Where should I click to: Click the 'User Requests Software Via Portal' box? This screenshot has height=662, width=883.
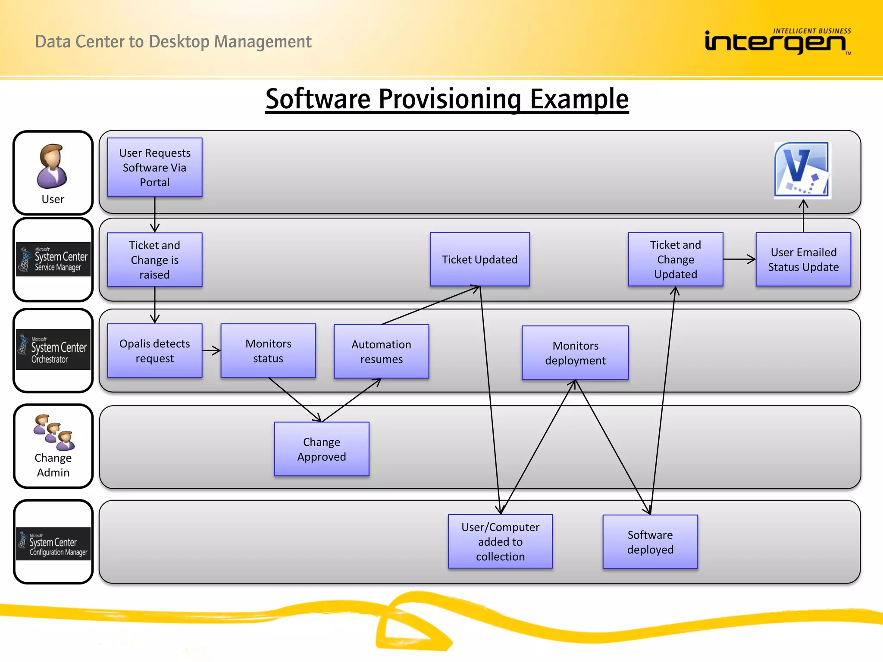(x=154, y=167)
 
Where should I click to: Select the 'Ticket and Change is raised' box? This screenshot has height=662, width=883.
(x=154, y=259)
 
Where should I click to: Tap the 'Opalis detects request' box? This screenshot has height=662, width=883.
(x=154, y=350)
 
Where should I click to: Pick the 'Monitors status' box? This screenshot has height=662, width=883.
(x=268, y=350)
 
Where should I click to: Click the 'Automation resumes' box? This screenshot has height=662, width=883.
(x=381, y=351)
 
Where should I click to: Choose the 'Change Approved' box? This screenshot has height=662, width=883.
(x=321, y=449)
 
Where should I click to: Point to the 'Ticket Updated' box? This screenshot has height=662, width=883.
(x=479, y=259)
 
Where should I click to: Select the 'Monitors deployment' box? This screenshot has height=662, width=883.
(x=575, y=353)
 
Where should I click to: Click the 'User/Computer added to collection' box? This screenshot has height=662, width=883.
(x=500, y=541)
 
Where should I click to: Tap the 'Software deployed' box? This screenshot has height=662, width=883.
(x=650, y=542)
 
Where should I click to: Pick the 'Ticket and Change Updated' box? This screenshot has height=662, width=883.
(x=675, y=259)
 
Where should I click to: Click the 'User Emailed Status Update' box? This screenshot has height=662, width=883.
(x=803, y=259)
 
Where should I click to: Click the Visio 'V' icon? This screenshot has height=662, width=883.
(x=802, y=170)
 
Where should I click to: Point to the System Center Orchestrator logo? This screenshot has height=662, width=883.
(x=53, y=350)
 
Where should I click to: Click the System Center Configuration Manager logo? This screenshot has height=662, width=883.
(x=53, y=543)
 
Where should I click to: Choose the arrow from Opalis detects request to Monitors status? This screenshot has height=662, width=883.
(x=211, y=350)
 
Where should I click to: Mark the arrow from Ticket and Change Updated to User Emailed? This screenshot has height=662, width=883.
(x=739, y=259)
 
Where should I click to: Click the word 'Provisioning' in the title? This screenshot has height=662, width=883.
(x=450, y=99)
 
